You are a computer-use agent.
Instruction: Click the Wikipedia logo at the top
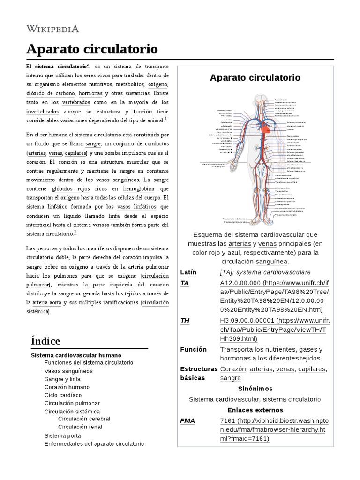[x=52, y=29]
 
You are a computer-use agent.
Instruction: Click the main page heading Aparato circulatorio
[x=92, y=49]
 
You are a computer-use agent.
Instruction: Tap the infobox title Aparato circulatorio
[x=255, y=77]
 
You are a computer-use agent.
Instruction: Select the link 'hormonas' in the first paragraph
[x=90, y=93]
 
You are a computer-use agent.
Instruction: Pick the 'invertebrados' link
[x=42, y=111]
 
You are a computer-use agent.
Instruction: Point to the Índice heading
[x=45, y=340]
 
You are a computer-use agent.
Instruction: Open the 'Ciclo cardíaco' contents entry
[x=63, y=395]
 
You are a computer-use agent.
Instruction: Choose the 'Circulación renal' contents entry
[x=80, y=427]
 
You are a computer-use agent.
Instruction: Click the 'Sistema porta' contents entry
[x=63, y=435]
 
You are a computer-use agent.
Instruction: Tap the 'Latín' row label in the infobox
[x=188, y=272]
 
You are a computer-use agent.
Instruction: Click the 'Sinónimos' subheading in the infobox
[x=255, y=389]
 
